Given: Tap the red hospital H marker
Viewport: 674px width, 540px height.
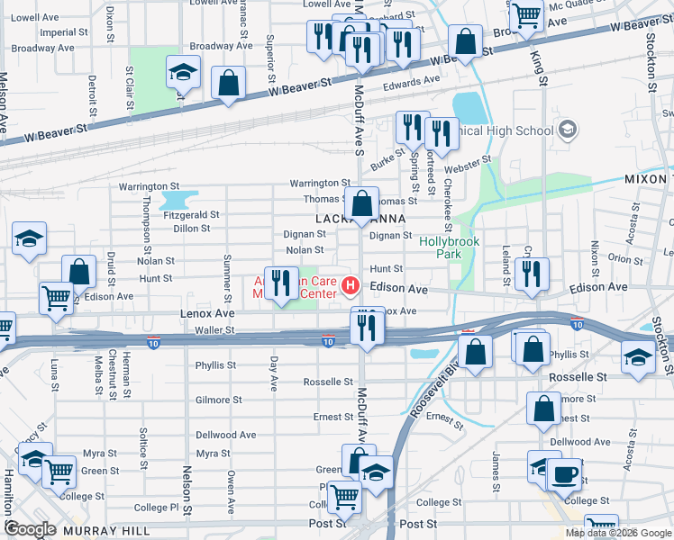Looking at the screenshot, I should point(351,288).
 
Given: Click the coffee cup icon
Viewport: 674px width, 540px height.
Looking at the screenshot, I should point(564,473).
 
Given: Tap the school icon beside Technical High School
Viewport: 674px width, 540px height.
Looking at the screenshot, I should point(567,130).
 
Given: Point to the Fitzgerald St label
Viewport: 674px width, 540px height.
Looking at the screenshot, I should point(190,215).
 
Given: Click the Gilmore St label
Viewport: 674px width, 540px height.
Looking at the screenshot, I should point(218,400).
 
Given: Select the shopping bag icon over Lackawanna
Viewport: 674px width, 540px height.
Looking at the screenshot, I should point(362,204).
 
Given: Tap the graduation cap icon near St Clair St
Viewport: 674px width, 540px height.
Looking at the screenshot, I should point(183,73).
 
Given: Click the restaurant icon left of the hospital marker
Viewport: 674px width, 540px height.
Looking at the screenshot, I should point(281,283).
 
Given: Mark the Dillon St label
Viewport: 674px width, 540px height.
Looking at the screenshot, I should point(192,229).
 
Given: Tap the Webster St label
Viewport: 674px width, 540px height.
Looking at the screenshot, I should point(472,162).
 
